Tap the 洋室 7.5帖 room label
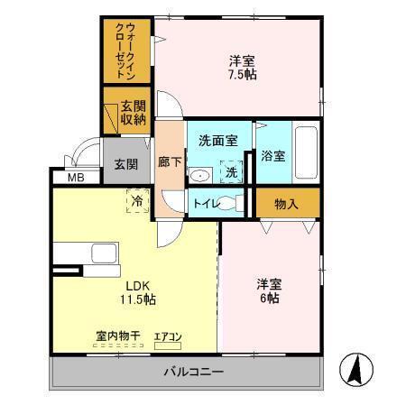click(241, 69)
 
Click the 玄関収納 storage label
click(127, 112)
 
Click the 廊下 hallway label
click(169, 163)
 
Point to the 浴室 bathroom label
click(273, 154)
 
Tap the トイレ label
click(203, 204)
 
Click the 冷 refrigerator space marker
click(138, 200)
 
